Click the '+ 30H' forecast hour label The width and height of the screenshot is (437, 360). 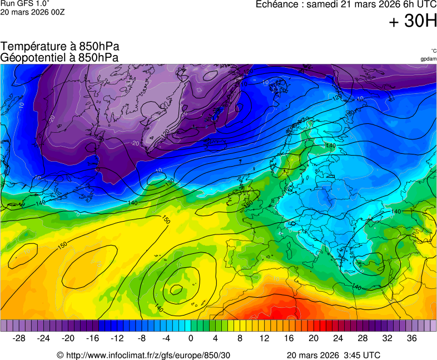(413, 22)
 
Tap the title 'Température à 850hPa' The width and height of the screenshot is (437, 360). (60, 47)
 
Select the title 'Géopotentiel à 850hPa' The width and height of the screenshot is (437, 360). (60, 57)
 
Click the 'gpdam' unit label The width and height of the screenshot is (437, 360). (428, 58)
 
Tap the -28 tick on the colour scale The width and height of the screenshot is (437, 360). (19, 338)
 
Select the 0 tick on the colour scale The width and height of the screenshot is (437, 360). (191, 338)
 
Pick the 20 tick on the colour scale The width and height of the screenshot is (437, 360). (314, 338)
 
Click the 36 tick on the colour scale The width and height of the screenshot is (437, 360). (411, 338)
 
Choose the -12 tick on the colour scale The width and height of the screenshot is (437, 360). (117, 338)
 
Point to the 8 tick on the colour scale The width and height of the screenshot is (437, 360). (240, 338)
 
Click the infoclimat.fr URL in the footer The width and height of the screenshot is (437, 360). (148, 355)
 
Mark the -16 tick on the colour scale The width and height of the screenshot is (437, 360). (93, 338)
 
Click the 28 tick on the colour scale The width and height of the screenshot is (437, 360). (362, 338)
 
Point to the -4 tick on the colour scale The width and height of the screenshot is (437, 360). (166, 338)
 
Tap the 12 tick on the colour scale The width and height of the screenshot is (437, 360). (265, 338)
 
